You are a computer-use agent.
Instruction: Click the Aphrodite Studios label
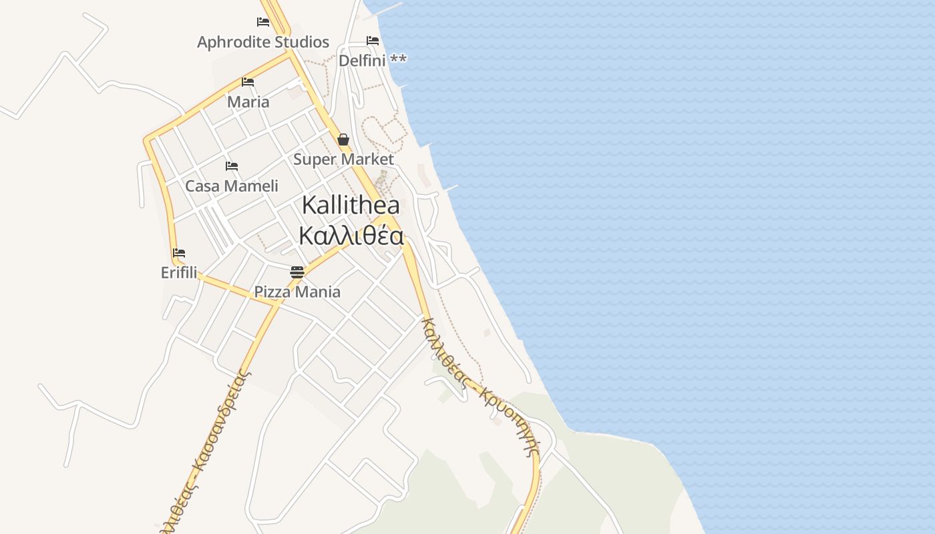(263, 42)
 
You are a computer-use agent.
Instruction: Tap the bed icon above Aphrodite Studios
(263, 22)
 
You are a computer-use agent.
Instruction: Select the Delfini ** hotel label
(372, 61)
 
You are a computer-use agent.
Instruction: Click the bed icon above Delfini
(373, 41)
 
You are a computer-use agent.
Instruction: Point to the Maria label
(248, 102)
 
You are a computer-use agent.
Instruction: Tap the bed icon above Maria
(248, 82)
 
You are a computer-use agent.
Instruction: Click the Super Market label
(344, 160)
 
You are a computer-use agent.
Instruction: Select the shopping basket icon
(343, 140)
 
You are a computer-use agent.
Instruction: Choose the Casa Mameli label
(232, 186)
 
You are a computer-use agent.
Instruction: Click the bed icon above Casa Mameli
(232, 166)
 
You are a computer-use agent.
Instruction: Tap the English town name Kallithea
(351, 206)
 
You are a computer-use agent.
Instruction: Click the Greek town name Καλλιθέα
(351, 236)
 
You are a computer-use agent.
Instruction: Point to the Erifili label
(179, 273)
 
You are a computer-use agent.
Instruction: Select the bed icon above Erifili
(178, 253)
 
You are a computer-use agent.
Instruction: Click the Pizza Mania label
(297, 292)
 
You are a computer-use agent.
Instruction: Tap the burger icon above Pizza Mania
(297, 272)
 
